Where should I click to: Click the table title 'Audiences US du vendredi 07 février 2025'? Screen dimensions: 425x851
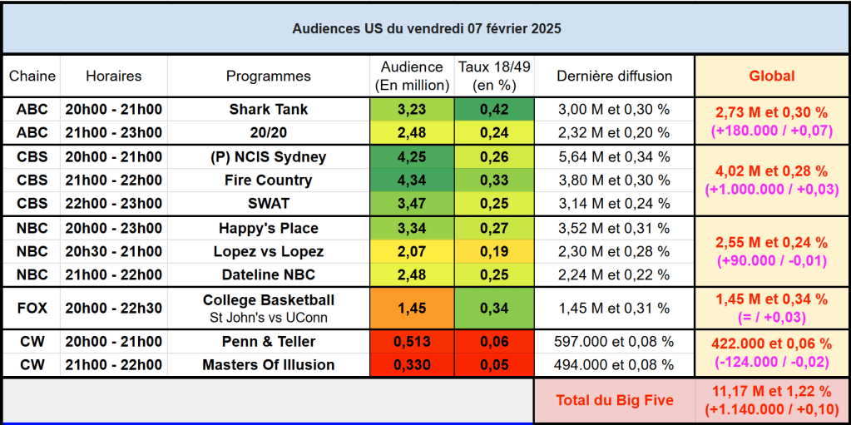[x=426, y=28]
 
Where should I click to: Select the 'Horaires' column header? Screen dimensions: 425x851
[x=114, y=76]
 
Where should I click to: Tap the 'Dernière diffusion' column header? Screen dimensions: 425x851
[x=614, y=76]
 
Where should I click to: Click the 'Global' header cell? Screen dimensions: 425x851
[x=771, y=76]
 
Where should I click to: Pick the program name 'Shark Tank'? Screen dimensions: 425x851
[x=268, y=109]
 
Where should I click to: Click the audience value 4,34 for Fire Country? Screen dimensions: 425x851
[x=413, y=180]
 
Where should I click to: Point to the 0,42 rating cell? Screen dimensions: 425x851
[x=494, y=109]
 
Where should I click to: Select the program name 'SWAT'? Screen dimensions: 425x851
[x=268, y=204]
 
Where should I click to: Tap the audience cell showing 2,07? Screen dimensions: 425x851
[x=413, y=252]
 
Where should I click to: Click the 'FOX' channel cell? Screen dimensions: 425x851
[x=32, y=308]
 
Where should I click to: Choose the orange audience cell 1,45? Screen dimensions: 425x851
[x=413, y=308]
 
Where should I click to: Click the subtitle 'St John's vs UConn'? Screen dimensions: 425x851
[x=268, y=317]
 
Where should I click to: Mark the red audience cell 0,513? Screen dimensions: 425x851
[x=413, y=342]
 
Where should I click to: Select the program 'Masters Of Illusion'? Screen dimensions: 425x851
[x=268, y=365]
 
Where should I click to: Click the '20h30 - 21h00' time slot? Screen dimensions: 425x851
[x=114, y=252]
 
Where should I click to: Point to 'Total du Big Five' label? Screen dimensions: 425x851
[x=614, y=401]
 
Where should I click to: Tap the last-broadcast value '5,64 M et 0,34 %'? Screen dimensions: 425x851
[x=614, y=157]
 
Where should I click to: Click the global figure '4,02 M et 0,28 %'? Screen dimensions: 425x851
[x=771, y=171]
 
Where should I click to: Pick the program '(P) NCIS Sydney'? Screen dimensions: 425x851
[x=268, y=157]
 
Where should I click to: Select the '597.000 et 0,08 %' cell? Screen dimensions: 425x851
[x=614, y=342]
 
